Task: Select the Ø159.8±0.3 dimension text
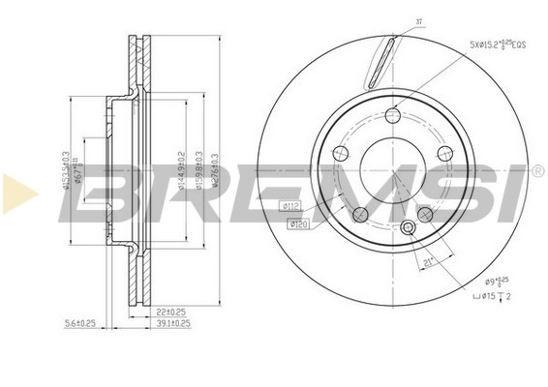point(198,169)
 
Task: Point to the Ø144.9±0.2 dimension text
point(181,169)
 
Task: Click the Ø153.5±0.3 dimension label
point(67,170)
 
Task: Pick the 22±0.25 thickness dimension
point(169,312)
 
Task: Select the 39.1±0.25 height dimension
point(171,324)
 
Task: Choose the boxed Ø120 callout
point(299,224)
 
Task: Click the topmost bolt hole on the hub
point(392,116)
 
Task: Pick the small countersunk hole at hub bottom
point(408,228)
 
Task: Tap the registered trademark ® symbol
point(537,172)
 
